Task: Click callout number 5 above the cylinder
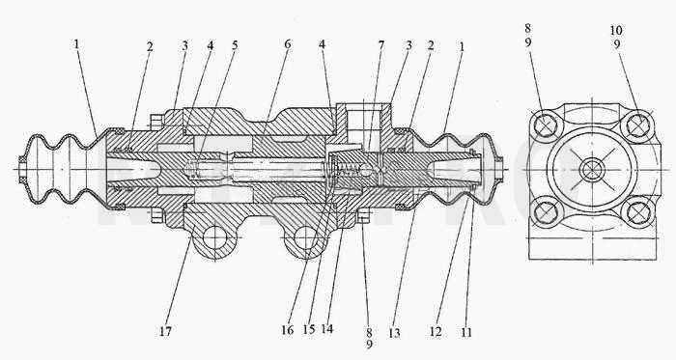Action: tap(235, 45)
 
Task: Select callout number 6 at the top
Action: tap(288, 44)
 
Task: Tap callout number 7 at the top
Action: tap(381, 44)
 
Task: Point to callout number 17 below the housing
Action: tap(165, 331)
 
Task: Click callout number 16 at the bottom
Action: tap(288, 330)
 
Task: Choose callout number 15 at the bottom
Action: tap(309, 329)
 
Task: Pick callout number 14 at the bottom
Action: tap(327, 328)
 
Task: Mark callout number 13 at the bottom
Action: tap(394, 333)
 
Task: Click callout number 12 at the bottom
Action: tap(436, 331)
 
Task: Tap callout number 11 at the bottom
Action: tap(466, 332)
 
